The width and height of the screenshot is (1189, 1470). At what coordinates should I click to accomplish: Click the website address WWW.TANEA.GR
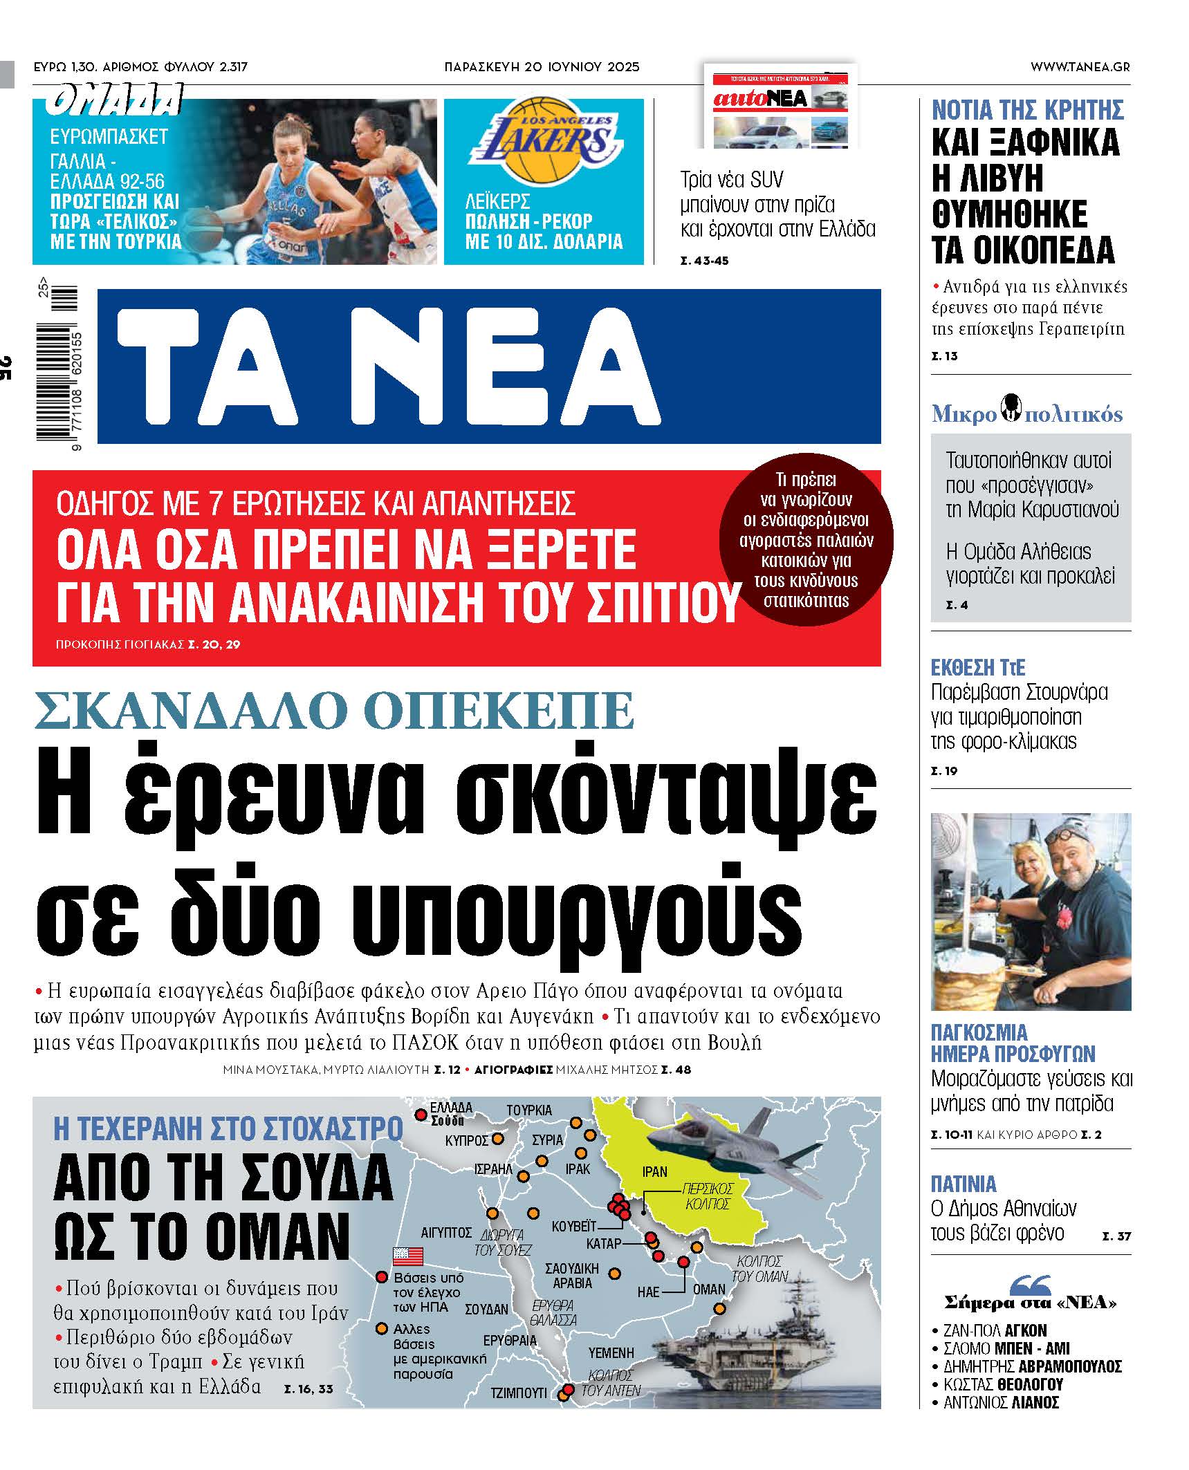(x=1080, y=67)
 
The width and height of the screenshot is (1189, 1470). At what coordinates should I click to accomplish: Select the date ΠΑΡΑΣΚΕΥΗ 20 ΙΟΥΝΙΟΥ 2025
(x=542, y=67)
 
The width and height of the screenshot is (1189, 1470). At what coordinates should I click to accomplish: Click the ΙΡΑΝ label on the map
(x=654, y=1171)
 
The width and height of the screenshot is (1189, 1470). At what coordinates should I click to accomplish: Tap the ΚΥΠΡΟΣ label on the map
(x=467, y=1140)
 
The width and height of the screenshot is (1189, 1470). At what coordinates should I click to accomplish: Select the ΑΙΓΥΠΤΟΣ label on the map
(x=446, y=1232)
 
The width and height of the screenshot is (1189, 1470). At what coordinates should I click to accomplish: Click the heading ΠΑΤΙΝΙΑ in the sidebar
(x=963, y=1184)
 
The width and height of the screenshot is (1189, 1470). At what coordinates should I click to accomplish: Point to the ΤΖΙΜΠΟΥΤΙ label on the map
(x=519, y=1393)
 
